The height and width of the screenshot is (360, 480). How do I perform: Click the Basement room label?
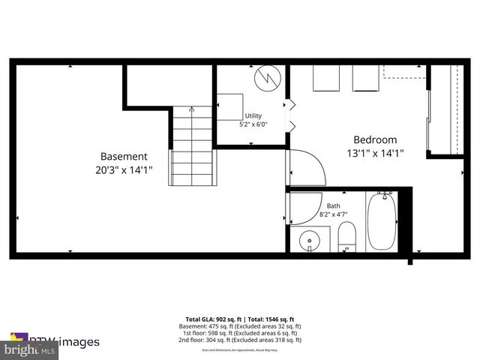[124, 157]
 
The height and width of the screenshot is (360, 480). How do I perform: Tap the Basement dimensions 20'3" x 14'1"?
[124, 170]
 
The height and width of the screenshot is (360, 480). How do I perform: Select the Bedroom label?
[375, 140]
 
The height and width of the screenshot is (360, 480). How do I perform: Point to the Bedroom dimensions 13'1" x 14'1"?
[375, 154]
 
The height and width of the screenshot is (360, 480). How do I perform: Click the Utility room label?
[253, 115]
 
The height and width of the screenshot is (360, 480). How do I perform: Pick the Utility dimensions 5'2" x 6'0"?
[253, 124]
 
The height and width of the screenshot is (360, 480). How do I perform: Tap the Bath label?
[333, 205]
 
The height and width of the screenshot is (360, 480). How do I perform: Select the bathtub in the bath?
[382, 222]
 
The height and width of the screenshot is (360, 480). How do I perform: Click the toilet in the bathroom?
[346, 239]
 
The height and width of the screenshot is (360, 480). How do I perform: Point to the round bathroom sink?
[309, 241]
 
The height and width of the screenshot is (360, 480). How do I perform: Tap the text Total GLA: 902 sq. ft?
[213, 319]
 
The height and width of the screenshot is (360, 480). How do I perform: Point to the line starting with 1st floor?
[240, 333]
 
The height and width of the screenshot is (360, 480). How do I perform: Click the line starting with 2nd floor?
[240, 340]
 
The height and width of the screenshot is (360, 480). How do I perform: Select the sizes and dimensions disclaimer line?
[240, 346]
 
